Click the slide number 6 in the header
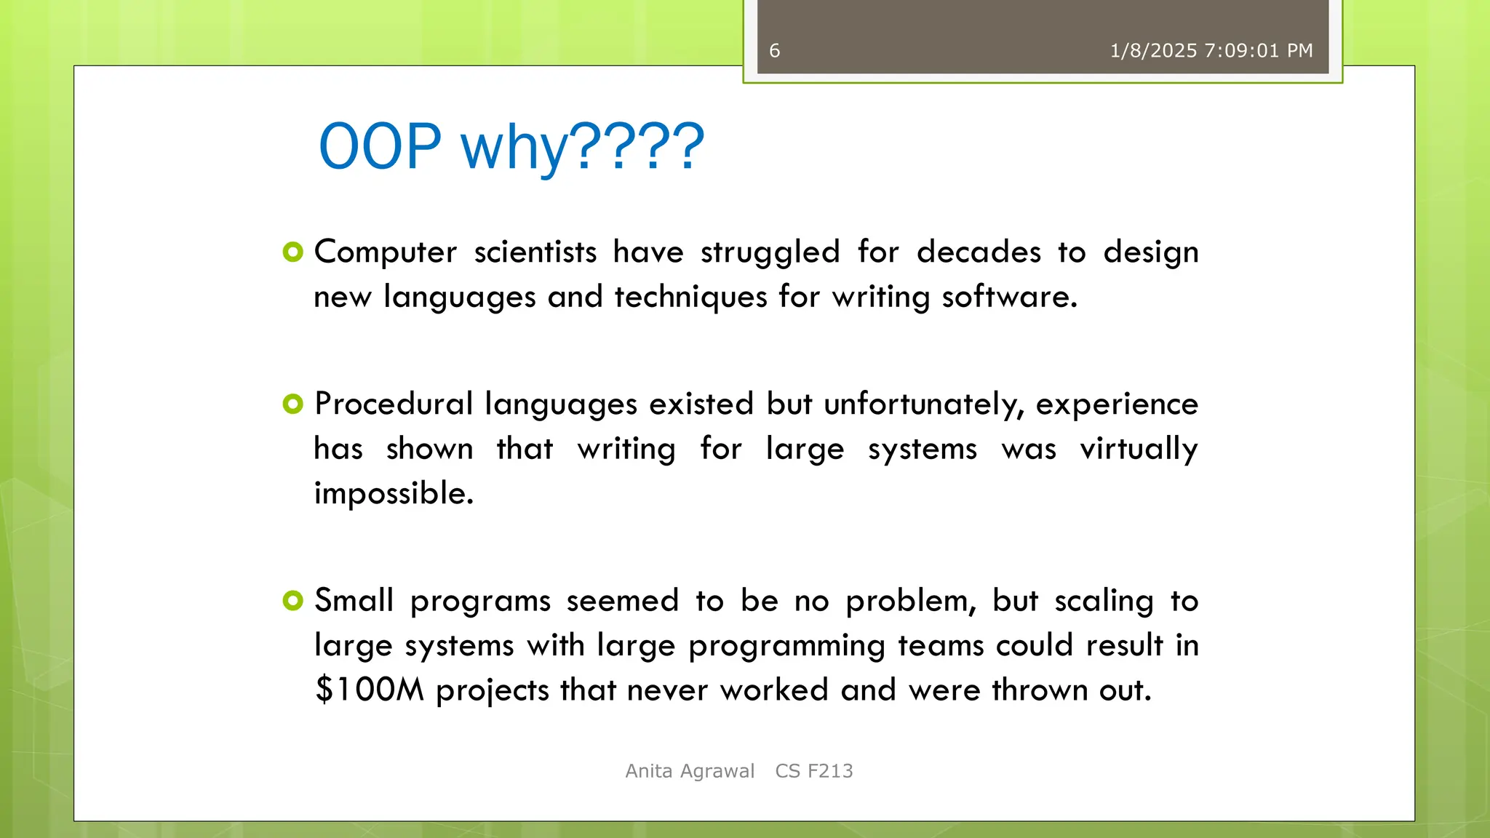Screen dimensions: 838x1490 (x=774, y=51)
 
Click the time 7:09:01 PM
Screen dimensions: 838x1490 (x=1259, y=51)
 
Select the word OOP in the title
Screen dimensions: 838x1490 (x=381, y=147)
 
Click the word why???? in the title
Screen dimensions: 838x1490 (x=582, y=147)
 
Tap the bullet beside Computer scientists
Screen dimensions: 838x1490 (x=292, y=252)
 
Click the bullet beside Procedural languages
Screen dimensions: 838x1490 (x=292, y=404)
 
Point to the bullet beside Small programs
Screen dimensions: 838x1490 (x=292, y=601)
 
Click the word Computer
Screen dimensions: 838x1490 (x=385, y=252)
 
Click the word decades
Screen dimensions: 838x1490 (x=979, y=252)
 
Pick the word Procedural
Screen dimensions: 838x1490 (x=394, y=404)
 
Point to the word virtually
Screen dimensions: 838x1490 (x=1139, y=449)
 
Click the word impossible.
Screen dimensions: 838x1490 (x=394, y=494)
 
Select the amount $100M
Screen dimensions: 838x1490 (x=370, y=690)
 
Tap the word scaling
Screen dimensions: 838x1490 (x=1104, y=601)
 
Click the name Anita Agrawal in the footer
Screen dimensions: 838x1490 (x=690, y=771)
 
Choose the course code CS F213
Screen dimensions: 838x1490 (x=813, y=771)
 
